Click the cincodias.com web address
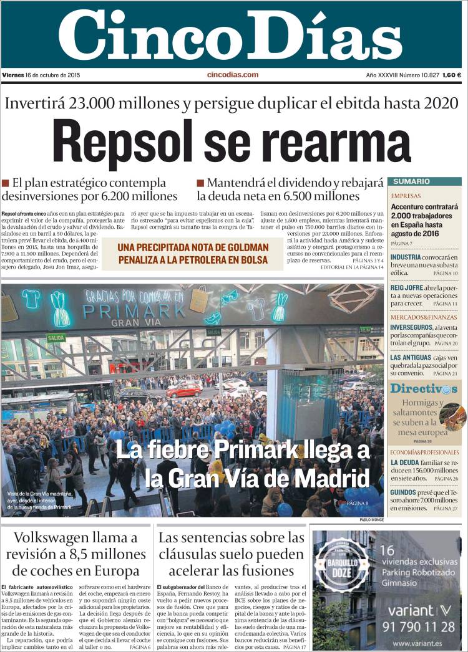coord(232,75)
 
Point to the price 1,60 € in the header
coord(451,75)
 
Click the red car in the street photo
coord(185,390)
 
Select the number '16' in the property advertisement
coord(387,550)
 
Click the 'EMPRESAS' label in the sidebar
coord(406,196)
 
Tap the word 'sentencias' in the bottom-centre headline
coord(221,537)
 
